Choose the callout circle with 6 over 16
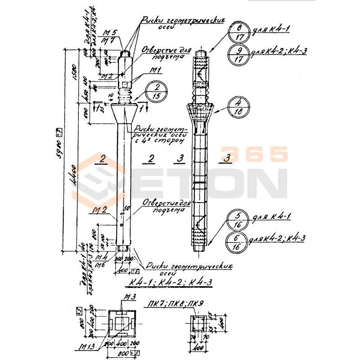pos(238,244)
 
